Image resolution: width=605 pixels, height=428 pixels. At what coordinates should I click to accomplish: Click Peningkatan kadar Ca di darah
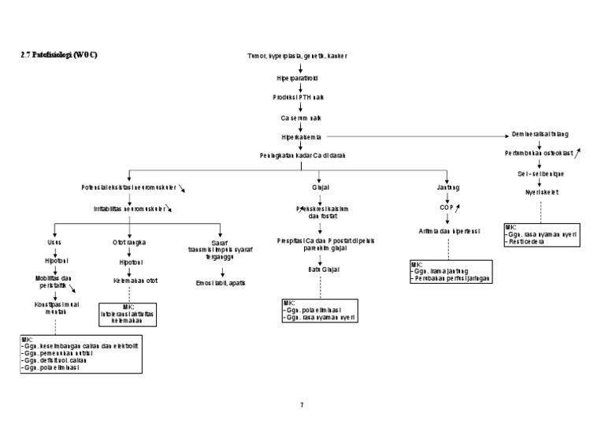click(302, 155)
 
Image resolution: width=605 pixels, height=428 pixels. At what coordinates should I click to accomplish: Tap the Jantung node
click(447, 188)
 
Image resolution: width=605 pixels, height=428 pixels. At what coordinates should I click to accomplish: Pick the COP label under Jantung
click(447, 207)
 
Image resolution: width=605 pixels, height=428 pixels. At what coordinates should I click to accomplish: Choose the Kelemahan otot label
click(129, 280)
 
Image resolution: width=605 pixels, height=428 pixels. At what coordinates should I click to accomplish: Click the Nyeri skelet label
click(540, 192)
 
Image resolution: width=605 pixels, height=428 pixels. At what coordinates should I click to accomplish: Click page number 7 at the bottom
click(302, 405)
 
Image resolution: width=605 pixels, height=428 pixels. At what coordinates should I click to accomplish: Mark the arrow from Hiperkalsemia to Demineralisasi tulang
click(418, 136)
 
